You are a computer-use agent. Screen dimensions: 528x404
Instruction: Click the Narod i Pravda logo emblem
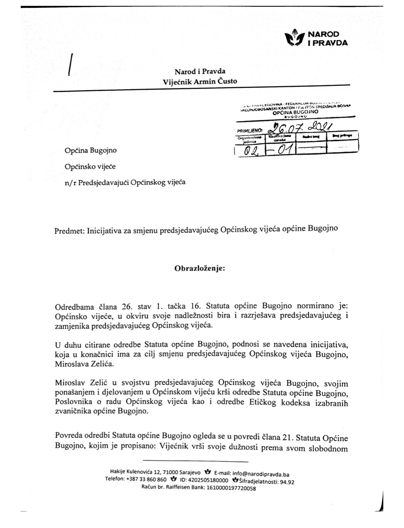pos(294,38)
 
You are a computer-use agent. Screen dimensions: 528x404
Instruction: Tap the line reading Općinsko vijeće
pos(90,166)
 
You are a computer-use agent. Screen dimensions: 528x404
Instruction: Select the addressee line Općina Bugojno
pos(90,150)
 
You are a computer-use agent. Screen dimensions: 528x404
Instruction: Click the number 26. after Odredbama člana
pos(127,306)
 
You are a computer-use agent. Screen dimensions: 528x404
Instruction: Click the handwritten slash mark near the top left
pos(71,64)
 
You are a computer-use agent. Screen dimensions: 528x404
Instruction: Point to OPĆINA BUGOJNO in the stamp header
pos(296,112)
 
